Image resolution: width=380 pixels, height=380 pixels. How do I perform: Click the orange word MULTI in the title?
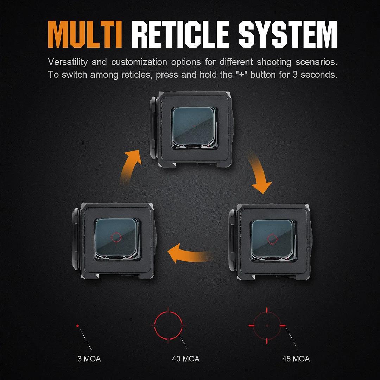click(x=85, y=34)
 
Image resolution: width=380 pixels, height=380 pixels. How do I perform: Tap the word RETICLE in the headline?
click(x=180, y=34)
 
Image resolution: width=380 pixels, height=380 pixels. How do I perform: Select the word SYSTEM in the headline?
click(x=288, y=34)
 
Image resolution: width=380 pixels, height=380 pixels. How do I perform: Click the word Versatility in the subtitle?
click(x=68, y=62)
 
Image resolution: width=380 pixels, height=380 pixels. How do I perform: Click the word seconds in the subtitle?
click(x=319, y=75)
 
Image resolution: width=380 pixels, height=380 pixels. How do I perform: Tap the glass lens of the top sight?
click(x=194, y=127)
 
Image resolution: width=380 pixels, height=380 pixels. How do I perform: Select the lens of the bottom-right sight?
click(x=273, y=240)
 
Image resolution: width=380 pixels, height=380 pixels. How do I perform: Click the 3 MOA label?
click(x=89, y=359)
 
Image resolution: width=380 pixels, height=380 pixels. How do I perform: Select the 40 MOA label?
click(x=186, y=359)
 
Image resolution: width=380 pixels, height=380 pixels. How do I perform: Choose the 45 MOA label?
click(x=296, y=359)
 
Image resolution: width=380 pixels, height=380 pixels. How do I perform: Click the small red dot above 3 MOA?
click(x=77, y=326)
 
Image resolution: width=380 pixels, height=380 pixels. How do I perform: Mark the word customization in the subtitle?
click(x=139, y=62)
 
